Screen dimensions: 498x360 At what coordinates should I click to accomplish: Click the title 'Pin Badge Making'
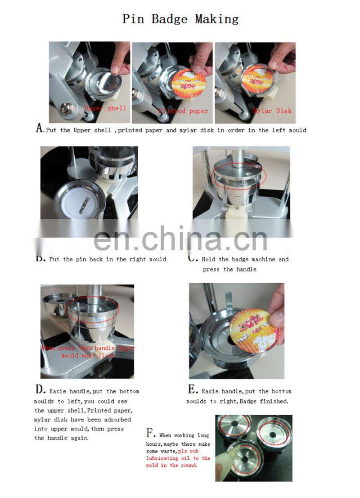[180, 19]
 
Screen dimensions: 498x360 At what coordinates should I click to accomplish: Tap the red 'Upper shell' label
[105, 108]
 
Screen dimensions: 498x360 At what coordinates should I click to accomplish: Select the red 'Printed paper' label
[183, 111]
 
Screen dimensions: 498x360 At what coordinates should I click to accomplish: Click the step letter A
[40, 129]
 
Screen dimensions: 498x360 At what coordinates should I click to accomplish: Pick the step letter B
[40, 259]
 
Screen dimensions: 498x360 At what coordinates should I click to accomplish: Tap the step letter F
[150, 434]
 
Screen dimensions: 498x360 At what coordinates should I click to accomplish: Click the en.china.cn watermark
[180, 240]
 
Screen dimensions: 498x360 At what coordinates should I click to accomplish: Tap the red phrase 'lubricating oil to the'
[178, 458]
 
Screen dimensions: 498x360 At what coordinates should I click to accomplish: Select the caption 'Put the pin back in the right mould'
[108, 259]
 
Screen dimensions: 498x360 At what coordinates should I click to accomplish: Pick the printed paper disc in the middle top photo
[189, 84]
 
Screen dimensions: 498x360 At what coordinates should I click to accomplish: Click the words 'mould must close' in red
[88, 356]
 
